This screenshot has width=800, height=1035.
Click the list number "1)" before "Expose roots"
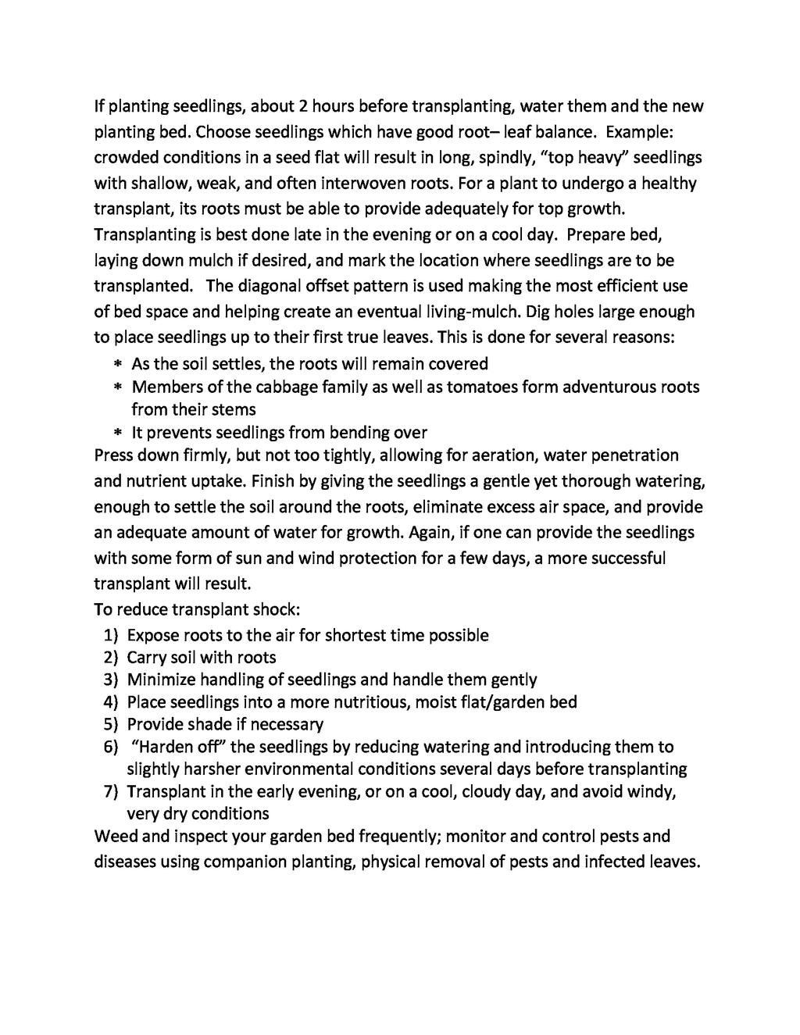click(x=110, y=636)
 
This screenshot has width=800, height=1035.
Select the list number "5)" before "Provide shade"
click(x=110, y=725)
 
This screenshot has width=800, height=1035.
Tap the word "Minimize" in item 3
click(x=160, y=680)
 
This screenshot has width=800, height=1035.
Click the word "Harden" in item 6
click(x=159, y=748)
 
